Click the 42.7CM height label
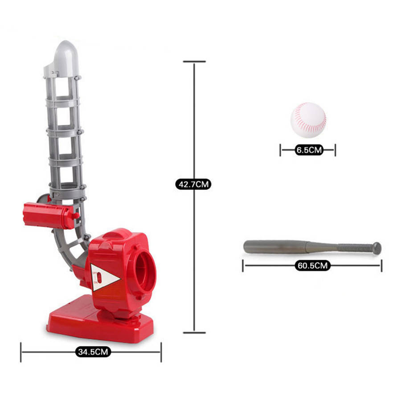[193, 184]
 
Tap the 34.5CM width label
[93, 352]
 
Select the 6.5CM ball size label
[309, 150]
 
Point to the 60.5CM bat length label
[312, 266]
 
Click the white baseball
[308, 120]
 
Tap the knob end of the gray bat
[376, 248]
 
